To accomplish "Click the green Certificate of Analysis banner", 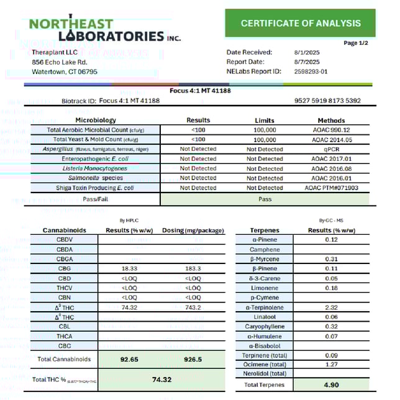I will click(301, 24).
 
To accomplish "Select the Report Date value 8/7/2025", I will click(306, 62).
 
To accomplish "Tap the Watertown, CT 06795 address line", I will click(65, 72).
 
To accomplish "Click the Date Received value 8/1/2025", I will click(306, 52).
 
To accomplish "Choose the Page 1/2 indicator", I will click(355, 42).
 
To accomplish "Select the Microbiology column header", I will click(96, 120).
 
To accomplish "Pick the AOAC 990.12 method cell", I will click(331, 130).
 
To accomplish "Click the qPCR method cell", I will click(331, 149).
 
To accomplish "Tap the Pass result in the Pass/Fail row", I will click(265, 199).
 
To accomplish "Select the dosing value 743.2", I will click(193, 307).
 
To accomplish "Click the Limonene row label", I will click(265, 288).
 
